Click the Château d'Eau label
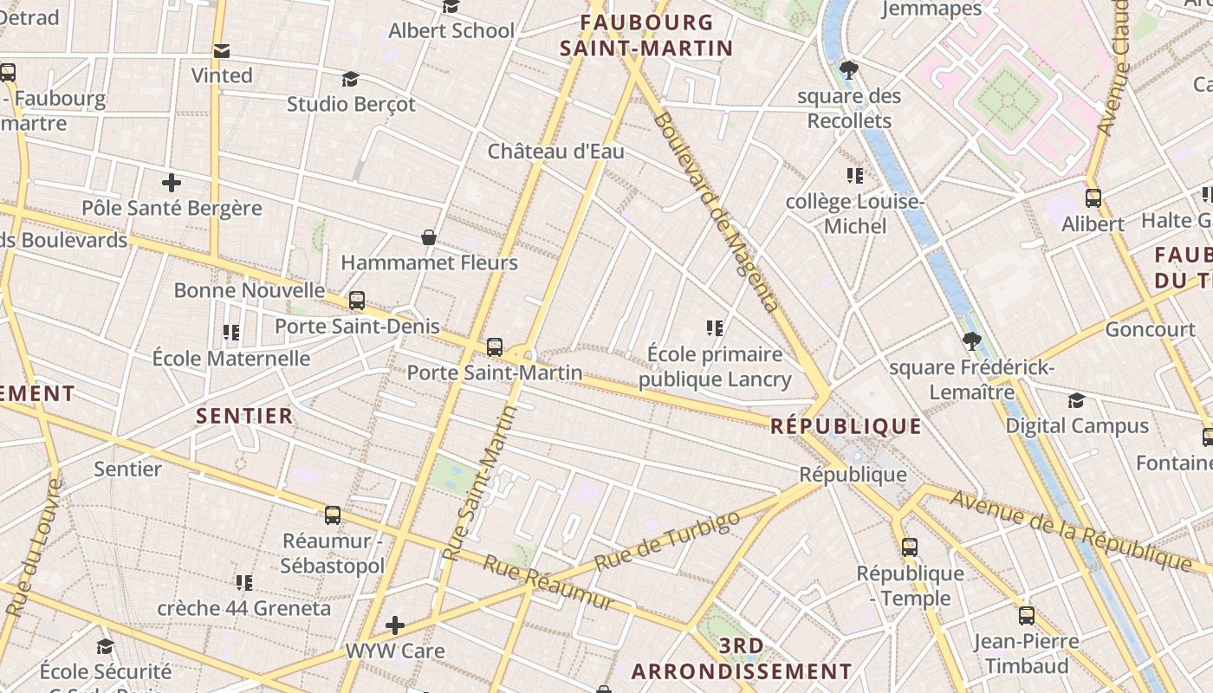click(x=555, y=152)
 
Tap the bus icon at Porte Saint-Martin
click(x=495, y=347)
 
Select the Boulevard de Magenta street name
click(x=717, y=211)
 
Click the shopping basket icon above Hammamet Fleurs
click(x=428, y=237)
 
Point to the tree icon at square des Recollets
click(x=849, y=69)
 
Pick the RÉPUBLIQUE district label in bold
click(x=846, y=426)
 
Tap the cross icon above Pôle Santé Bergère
click(x=172, y=183)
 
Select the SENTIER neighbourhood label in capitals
click(x=244, y=417)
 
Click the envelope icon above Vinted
click(x=222, y=51)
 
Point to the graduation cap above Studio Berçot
click(x=350, y=80)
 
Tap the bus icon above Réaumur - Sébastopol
click(x=333, y=515)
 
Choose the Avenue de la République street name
click(x=1071, y=530)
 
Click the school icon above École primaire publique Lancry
click(x=715, y=328)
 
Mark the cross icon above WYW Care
click(x=395, y=625)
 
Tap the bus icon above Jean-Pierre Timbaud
click(x=1027, y=616)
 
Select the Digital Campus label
click(x=1077, y=426)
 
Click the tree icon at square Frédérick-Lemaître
click(x=971, y=341)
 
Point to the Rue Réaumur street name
click(x=548, y=583)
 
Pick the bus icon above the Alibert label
click(x=1093, y=198)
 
